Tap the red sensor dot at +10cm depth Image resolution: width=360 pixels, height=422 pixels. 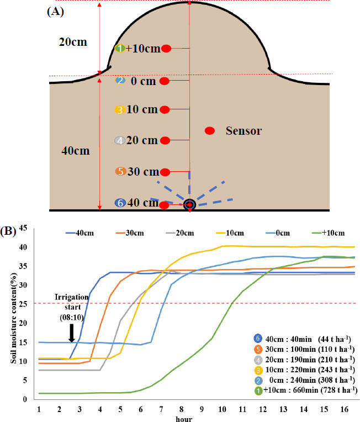tap(167, 49)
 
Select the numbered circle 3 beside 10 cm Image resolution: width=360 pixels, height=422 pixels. tap(120, 110)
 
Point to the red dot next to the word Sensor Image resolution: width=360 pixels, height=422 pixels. tap(210, 131)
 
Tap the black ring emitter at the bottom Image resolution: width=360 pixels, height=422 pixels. tap(190, 205)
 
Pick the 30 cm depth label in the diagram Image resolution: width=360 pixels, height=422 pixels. tap(142, 172)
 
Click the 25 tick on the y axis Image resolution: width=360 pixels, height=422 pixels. tap(23, 303)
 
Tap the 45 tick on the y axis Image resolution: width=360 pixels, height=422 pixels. tap(23, 228)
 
